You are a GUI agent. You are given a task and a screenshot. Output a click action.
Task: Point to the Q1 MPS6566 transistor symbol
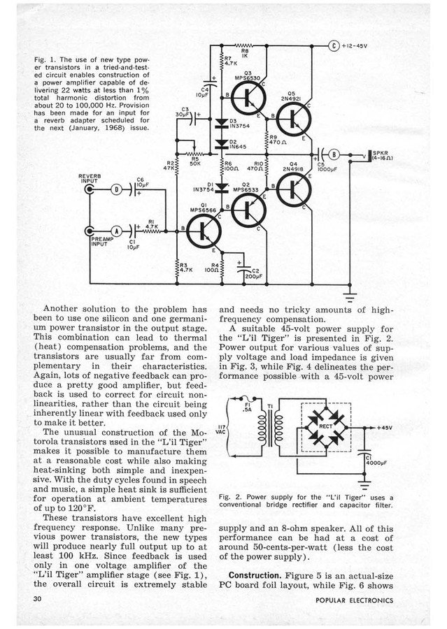coord(203,231)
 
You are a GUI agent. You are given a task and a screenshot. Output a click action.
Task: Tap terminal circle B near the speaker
coord(335,154)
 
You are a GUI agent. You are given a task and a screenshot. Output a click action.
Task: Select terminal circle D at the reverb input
coord(118,189)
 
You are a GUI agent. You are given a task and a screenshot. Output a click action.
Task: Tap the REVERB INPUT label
coord(90,177)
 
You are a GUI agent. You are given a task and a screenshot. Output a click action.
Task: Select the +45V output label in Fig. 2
coord(384,426)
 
